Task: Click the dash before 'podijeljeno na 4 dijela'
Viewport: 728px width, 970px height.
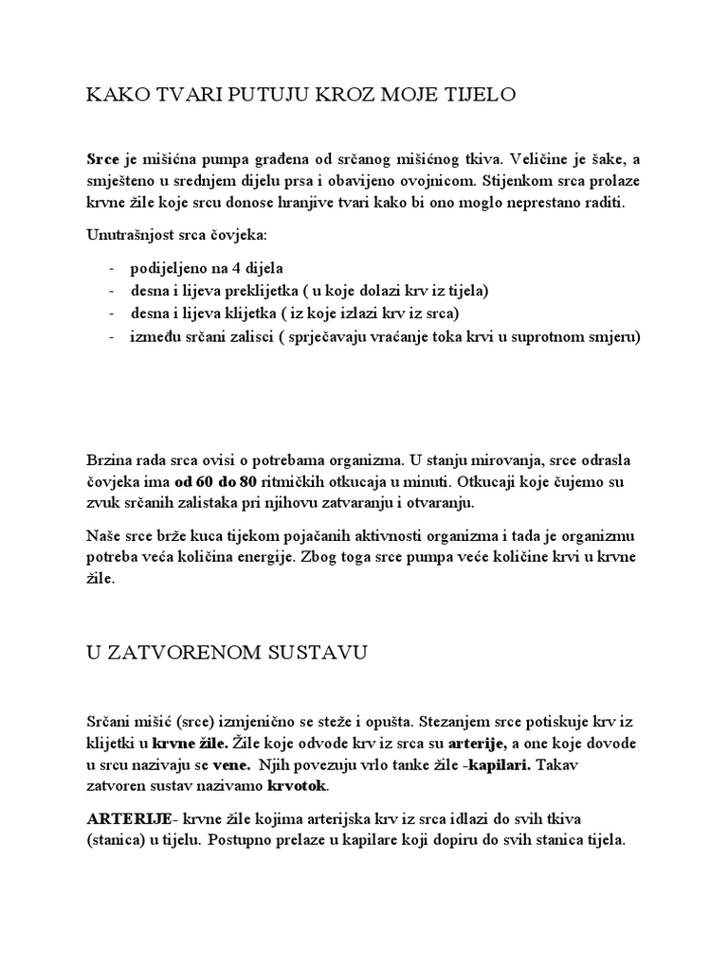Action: [112, 267]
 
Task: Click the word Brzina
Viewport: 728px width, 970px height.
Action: [110, 460]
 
